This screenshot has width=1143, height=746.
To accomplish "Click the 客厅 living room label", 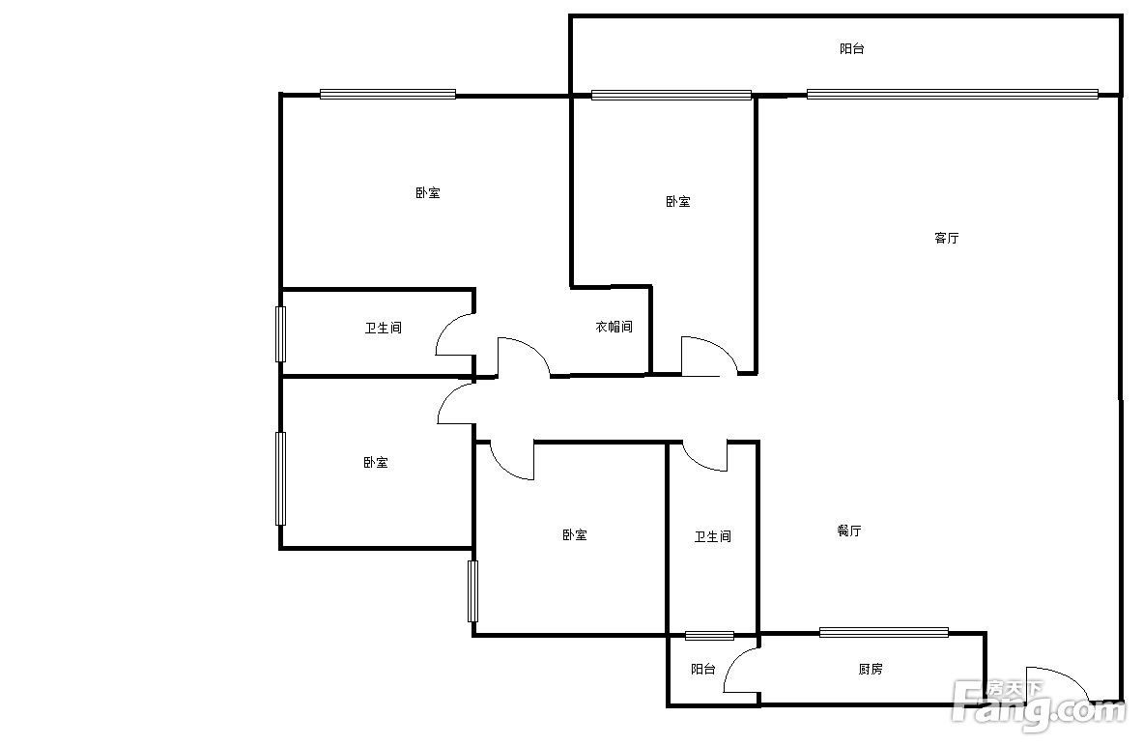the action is pos(946,238).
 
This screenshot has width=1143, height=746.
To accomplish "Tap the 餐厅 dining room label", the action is pos(849,531).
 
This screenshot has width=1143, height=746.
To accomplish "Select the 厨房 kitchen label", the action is pos(871,669).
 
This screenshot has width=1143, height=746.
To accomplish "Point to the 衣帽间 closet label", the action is pos(614,327).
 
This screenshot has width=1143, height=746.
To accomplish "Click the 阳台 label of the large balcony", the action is pos(851,49).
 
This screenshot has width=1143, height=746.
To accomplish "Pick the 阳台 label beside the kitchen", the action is pos(702,669).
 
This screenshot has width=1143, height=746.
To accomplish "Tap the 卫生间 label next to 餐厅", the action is pos(712,536).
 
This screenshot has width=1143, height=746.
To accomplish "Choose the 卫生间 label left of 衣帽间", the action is pos(383,329).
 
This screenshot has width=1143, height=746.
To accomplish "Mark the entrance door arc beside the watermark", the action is pos(1066,675).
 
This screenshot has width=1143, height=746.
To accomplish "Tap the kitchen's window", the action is pos(883,632).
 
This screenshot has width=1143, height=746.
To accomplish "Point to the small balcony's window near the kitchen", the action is pos(709,635).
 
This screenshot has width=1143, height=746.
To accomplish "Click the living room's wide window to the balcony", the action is pos(952,94).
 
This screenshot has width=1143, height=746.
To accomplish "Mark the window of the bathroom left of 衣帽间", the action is pos(280,334).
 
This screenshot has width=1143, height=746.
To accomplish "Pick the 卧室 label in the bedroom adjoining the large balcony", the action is pos(678,201).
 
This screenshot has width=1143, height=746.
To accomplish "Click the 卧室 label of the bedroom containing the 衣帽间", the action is pos(428,193).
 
